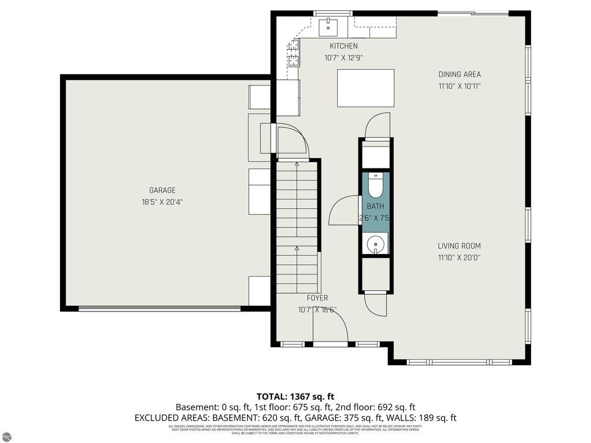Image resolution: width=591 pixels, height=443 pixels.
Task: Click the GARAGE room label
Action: (x=162, y=190)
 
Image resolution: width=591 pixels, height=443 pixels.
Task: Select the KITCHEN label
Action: (x=343, y=46)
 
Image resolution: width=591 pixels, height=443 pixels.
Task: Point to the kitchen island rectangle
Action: (x=366, y=88)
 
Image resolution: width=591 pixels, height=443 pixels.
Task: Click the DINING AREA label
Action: (x=459, y=74)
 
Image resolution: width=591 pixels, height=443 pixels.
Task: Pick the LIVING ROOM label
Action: (x=459, y=246)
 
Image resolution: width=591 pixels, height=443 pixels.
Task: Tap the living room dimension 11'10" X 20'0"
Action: (x=459, y=258)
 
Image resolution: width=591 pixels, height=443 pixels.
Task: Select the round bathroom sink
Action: (x=376, y=243)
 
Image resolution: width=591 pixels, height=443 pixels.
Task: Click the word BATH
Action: (x=375, y=206)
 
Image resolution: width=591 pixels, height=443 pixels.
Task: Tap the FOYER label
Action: (x=317, y=298)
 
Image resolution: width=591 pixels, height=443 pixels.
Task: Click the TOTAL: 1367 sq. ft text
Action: (x=295, y=396)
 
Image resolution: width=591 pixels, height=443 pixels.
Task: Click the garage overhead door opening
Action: (x=159, y=309)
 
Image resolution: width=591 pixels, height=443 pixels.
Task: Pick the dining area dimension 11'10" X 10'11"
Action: (x=459, y=87)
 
